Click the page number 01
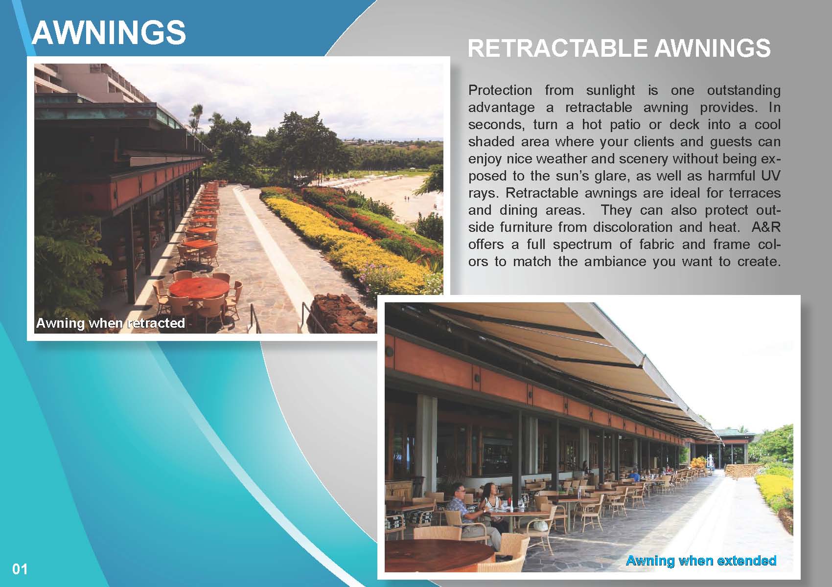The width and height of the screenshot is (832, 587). tap(20, 569)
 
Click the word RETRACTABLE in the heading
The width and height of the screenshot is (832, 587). tap(557, 48)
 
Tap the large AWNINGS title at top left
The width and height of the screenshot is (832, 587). tap(109, 33)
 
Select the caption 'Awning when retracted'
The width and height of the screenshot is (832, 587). tap(110, 323)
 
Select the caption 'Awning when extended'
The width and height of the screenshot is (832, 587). tap(701, 560)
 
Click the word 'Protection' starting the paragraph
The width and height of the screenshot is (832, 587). tap(500, 90)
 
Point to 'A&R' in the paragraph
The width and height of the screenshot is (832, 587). tap(766, 227)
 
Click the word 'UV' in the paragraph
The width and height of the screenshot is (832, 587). tap(771, 176)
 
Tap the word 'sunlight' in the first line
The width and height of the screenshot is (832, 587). tap(610, 90)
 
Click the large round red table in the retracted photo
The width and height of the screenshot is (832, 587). tap(199, 287)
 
